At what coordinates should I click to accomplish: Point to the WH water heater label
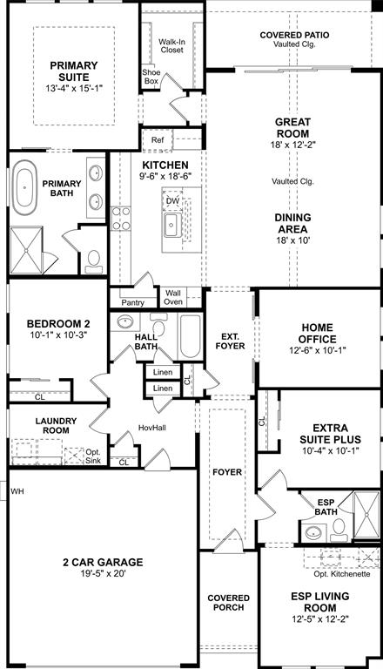point(17,491)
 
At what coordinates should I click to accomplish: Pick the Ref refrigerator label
point(157,140)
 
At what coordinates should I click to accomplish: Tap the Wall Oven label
point(173,297)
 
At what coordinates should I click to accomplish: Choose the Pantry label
point(133,302)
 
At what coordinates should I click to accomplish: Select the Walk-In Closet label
point(171,46)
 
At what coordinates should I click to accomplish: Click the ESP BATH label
point(326,508)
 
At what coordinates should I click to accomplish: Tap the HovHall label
point(152,428)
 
